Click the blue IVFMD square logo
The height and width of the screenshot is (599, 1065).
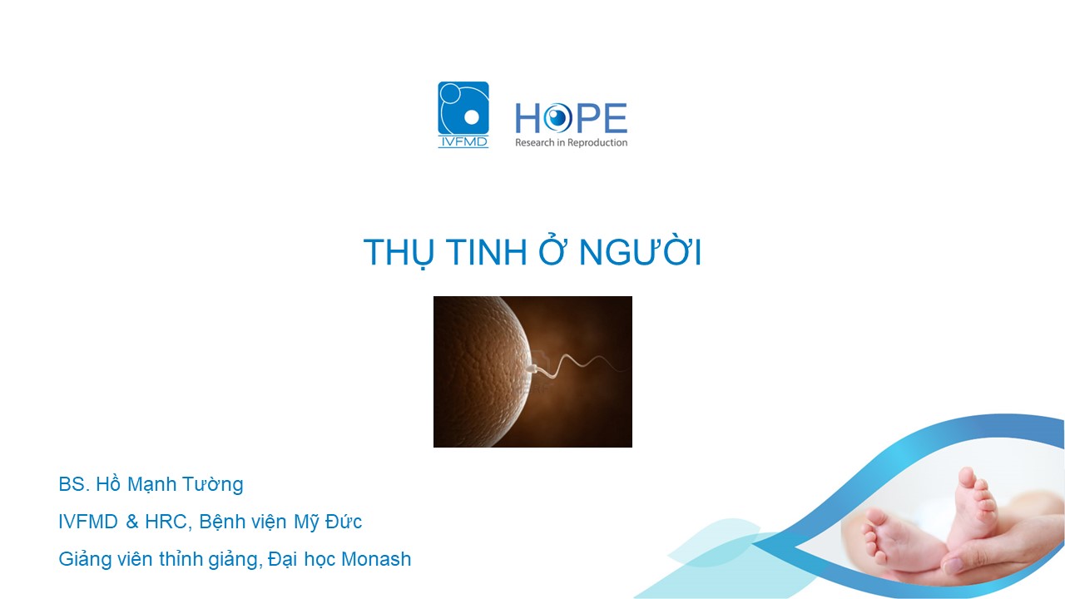click(463, 115)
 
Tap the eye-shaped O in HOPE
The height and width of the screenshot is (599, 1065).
click(557, 118)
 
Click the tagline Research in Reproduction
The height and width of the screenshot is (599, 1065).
click(571, 142)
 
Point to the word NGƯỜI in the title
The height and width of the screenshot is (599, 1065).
click(640, 250)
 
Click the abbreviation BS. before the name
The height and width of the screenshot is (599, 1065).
click(74, 484)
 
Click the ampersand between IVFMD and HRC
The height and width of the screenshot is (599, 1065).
click(131, 522)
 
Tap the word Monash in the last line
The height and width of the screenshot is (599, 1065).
click(376, 560)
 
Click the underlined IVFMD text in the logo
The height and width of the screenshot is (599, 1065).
click(463, 141)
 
